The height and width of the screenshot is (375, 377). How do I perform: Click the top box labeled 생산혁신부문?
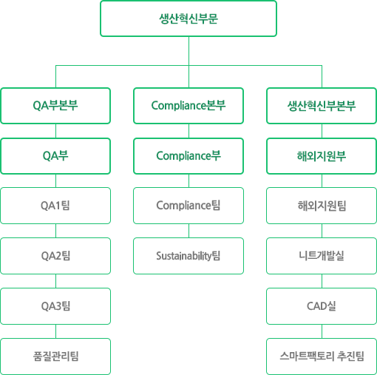click(188, 18)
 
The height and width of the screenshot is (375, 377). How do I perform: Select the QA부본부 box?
click(55, 106)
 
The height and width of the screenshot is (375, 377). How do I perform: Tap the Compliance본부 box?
click(188, 106)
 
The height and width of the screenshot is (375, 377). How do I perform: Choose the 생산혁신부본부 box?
click(322, 106)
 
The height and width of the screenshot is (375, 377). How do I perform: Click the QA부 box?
click(55, 156)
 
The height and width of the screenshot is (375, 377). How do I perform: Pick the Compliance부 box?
click(188, 156)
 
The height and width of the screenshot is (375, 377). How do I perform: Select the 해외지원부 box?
click(322, 156)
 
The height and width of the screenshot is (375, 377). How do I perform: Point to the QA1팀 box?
click(55, 206)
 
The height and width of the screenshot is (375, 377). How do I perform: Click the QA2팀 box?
click(55, 256)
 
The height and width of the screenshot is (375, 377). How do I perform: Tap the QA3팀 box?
click(55, 306)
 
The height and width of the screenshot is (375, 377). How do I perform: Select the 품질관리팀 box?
click(55, 357)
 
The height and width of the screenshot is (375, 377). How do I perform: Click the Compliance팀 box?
click(188, 206)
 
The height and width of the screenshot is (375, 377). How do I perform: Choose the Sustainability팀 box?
click(188, 256)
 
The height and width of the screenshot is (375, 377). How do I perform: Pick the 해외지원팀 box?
click(322, 206)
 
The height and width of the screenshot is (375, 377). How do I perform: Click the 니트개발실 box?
click(322, 256)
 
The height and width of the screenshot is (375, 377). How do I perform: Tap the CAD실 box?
click(322, 306)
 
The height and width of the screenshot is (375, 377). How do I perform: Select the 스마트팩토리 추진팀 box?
click(322, 357)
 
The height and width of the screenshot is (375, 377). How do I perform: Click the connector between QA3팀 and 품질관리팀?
click(55, 331)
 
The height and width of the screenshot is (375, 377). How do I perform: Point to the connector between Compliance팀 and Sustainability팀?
click(189, 231)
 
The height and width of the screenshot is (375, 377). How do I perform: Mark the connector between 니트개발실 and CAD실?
click(322, 281)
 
